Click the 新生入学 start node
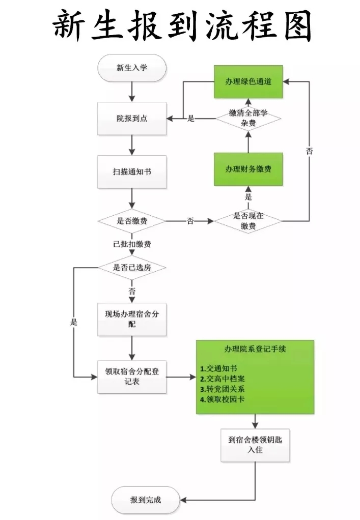[132, 68]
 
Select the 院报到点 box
[132, 119]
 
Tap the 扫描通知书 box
[132, 172]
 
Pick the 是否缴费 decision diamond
[132, 221]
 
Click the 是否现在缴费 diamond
[248, 221]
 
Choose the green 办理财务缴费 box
[248, 169]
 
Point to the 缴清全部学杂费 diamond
[248, 119]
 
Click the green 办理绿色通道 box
[248, 82]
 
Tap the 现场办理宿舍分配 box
[132, 320]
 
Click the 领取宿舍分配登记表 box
[132, 377]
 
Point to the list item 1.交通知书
[218, 368]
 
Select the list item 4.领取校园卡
[222, 399]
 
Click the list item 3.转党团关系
[222, 389]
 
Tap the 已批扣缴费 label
[132, 244]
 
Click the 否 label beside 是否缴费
[190, 221]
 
